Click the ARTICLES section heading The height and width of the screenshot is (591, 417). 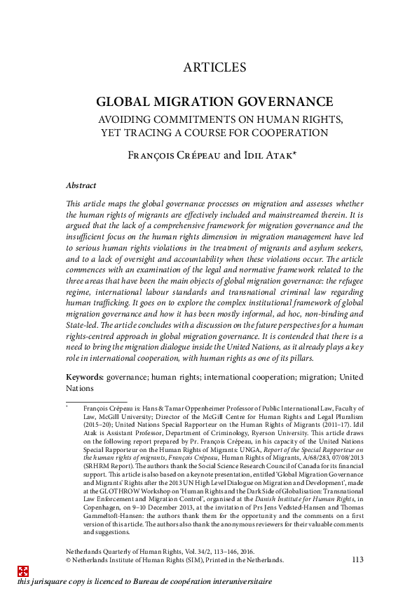click(214, 68)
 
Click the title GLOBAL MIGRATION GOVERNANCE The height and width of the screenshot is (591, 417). click(214, 102)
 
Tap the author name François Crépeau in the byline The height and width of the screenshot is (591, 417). click(172, 155)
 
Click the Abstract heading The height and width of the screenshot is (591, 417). click(81, 186)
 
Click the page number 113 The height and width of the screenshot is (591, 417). click(357, 560)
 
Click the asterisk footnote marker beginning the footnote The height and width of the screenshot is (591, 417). click(67, 406)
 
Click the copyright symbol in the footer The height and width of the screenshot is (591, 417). click(69, 561)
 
